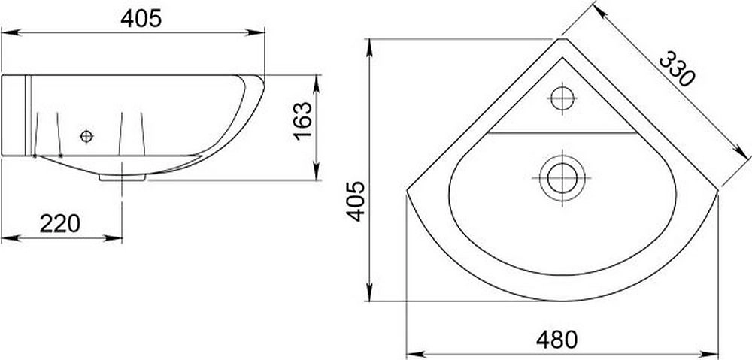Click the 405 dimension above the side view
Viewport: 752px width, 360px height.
(141, 18)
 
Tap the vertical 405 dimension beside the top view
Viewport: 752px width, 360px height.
(356, 201)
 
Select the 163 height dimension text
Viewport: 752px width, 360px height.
(302, 121)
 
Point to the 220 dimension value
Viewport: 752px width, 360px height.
(60, 223)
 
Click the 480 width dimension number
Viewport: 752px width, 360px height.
(556, 340)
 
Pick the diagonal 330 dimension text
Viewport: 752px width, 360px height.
(677, 69)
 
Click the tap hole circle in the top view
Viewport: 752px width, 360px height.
(562, 98)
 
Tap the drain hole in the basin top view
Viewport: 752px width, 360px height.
(562, 178)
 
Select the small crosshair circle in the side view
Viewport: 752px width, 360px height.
(86, 137)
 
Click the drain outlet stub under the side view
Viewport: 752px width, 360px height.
(123, 177)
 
